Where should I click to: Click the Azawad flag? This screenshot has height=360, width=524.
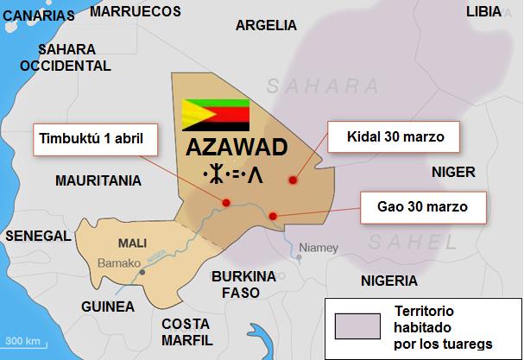[215, 114]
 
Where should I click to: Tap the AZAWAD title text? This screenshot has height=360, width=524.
[236, 148]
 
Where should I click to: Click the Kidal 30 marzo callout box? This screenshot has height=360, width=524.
[392, 137]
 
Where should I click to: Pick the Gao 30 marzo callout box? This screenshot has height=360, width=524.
[423, 208]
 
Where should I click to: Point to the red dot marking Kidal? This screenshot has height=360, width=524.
[293, 180]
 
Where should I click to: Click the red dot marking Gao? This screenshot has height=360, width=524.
[272, 216]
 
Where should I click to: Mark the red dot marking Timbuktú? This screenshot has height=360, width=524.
[226, 203]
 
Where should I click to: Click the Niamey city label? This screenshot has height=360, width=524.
[319, 248]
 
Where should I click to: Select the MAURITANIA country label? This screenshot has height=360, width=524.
[98, 182]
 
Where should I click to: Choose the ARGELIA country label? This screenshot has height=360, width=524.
[266, 25]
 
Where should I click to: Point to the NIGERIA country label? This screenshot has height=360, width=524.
[389, 281]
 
